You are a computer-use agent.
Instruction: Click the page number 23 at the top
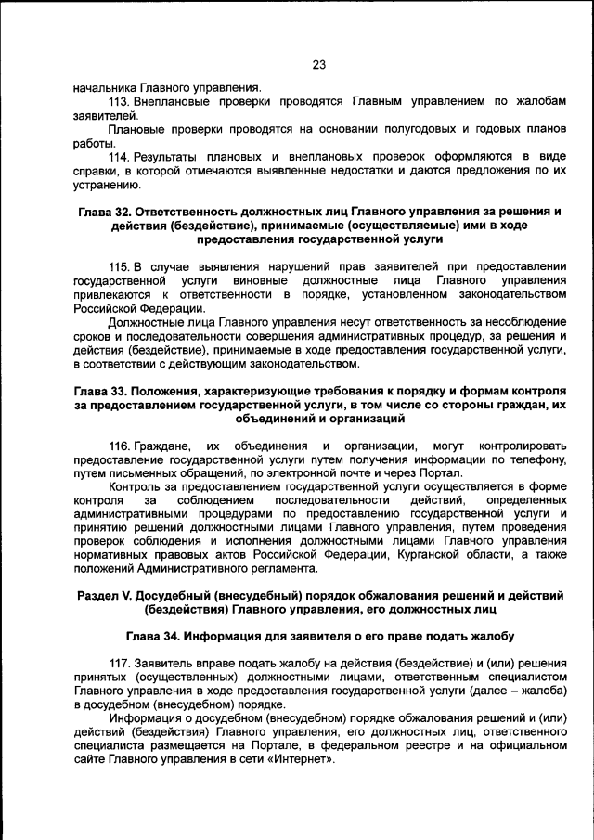318,65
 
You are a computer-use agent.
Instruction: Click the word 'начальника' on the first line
105,86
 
